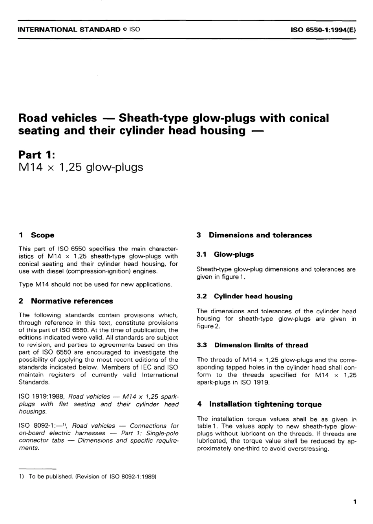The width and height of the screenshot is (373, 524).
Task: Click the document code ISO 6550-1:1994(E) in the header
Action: [323, 29]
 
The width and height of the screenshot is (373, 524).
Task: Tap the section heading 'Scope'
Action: [42, 235]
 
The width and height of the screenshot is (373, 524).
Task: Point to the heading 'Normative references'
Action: [72, 301]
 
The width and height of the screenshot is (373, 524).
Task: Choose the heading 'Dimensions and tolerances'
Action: [260, 235]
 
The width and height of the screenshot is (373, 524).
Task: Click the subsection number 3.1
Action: [202, 254]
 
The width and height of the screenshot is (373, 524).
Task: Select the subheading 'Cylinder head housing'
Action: [253, 296]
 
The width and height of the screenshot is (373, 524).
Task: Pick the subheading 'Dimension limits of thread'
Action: [261, 345]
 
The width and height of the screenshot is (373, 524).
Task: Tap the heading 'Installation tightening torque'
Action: [265, 404]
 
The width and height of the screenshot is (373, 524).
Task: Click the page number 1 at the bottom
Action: [355, 502]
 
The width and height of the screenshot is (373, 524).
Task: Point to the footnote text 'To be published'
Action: [50, 476]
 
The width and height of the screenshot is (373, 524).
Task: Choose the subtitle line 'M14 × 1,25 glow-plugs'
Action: [81, 167]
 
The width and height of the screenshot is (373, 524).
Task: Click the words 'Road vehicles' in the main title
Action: [57, 118]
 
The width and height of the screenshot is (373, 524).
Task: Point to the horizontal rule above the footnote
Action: [38, 469]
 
